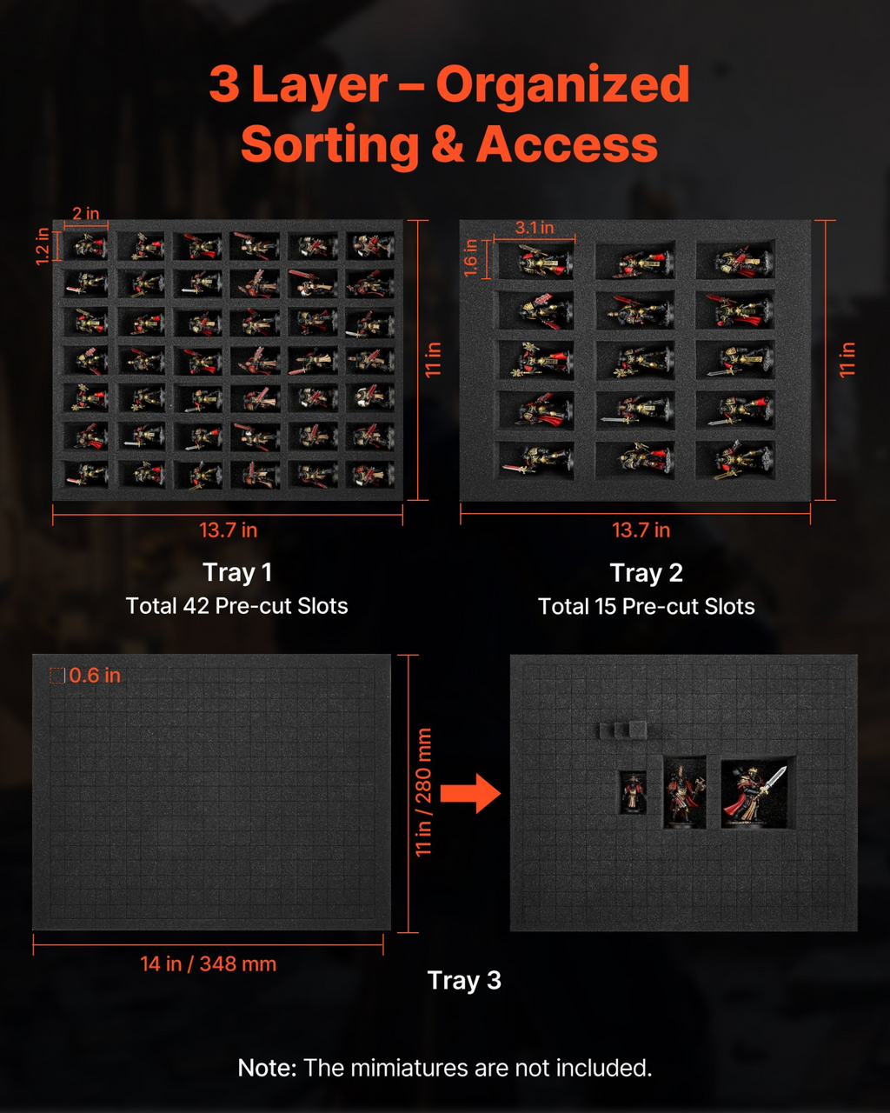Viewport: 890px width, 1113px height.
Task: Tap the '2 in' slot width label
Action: [x=86, y=213]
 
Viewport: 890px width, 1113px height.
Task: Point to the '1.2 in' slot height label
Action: [x=43, y=246]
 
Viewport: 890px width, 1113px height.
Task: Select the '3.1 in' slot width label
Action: [x=535, y=228]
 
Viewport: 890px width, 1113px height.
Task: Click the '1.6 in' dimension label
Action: [x=470, y=258]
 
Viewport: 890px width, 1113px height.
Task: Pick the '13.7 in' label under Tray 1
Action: [x=228, y=530]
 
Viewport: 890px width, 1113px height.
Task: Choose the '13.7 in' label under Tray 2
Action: [x=641, y=530]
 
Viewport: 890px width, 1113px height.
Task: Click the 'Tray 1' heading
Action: [x=237, y=572]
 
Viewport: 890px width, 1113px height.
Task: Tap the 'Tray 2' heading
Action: [x=647, y=573]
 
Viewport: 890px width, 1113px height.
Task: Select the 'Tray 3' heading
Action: [x=464, y=980]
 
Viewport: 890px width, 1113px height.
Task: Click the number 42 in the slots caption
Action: [x=196, y=606]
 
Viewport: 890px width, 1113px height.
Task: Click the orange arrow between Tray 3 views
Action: [x=470, y=793]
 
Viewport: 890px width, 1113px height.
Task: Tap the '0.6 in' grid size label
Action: [x=95, y=676]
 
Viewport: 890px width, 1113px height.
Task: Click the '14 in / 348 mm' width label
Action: [x=208, y=964]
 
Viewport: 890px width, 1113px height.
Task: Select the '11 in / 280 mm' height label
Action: [x=424, y=792]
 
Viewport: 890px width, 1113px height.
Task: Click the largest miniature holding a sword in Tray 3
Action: [x=755, y=796]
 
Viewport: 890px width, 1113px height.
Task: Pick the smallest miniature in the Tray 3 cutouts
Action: [x=634, y=793]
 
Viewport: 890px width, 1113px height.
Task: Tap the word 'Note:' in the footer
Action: [x=267, y=1068]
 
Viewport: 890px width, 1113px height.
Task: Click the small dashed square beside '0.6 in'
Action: [x=56, y=676]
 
